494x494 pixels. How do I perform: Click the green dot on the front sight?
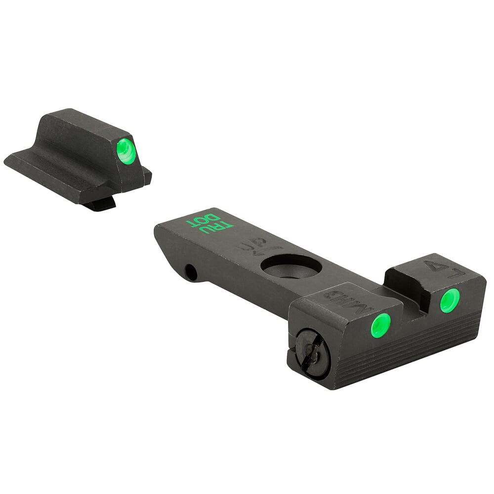tap(126, 151)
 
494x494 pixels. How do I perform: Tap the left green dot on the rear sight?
tap(380, 326)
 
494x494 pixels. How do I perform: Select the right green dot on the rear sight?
tap(450, 300)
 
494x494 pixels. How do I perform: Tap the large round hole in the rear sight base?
tap(291, 266)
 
